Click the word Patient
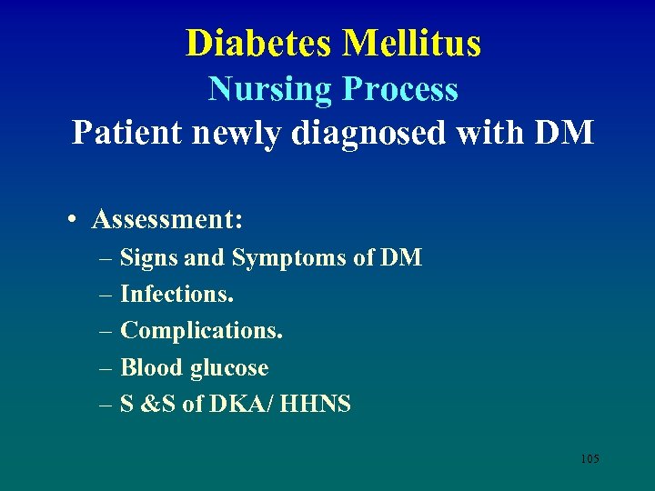pyautogui.click(x=128, y=133)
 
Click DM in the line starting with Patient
pyautogui.click(x=564, y=133)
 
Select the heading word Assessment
pyautogui.click(x=167, y=219)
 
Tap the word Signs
pyautogui.click(x=149, y=258)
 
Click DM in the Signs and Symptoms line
pyautogui.click(x=400, y=258)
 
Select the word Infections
pyautogui.click(x=176, y=295)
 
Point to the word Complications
pyautogui.click(x=201, y=331)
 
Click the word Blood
pyautogui.click(x=151, y=367)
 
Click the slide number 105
pyautogui.click(x=589, y=458)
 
